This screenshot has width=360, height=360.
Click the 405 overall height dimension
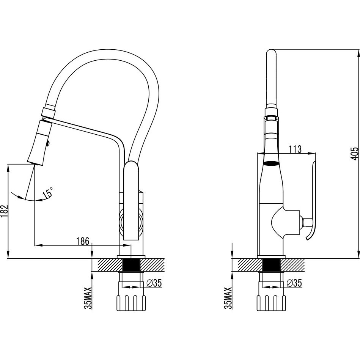[354, 154]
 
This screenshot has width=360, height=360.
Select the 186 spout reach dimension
[83, 241]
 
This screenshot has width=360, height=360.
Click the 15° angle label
[48, 192]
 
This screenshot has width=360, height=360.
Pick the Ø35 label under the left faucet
[154, 283]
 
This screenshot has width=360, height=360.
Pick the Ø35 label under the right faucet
[294, 283]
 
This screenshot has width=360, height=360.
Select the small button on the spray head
[48, 144]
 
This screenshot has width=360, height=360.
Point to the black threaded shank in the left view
[131, 266]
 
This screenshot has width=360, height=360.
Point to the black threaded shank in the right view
[271, 266]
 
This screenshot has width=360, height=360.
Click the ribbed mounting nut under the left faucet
[131, 303]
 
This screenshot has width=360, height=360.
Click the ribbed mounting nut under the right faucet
[271, 303]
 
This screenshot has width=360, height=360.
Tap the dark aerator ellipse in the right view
[271, 164]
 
